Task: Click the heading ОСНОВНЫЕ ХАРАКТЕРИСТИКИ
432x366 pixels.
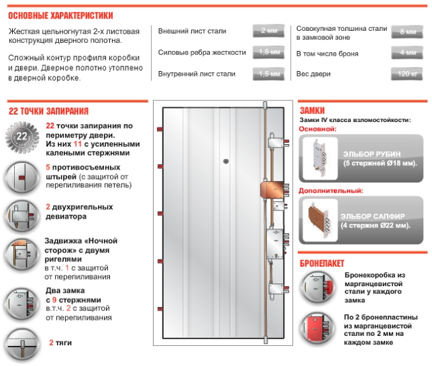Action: [x=60, y=15]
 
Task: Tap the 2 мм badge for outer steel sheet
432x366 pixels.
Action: [x=270, y=31]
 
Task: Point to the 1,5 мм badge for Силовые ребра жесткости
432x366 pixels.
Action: [x=270, y=52]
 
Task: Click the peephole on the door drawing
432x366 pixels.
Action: [x=226, y=161]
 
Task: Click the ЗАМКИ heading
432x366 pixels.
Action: [x=313, y=111]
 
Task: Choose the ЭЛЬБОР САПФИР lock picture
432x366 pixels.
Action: [x=320, y=219]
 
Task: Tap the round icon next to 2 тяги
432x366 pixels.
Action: [x=21, y=345]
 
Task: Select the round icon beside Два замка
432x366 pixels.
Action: [x=21, y=304]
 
